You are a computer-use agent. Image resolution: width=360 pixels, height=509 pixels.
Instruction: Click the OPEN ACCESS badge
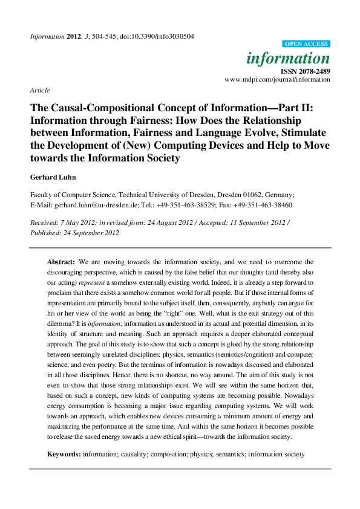306,44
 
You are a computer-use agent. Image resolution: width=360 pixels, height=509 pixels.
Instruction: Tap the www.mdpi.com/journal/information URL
277,80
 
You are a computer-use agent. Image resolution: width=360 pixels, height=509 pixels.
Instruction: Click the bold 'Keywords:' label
64,453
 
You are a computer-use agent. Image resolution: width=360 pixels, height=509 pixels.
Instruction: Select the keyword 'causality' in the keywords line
135,453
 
